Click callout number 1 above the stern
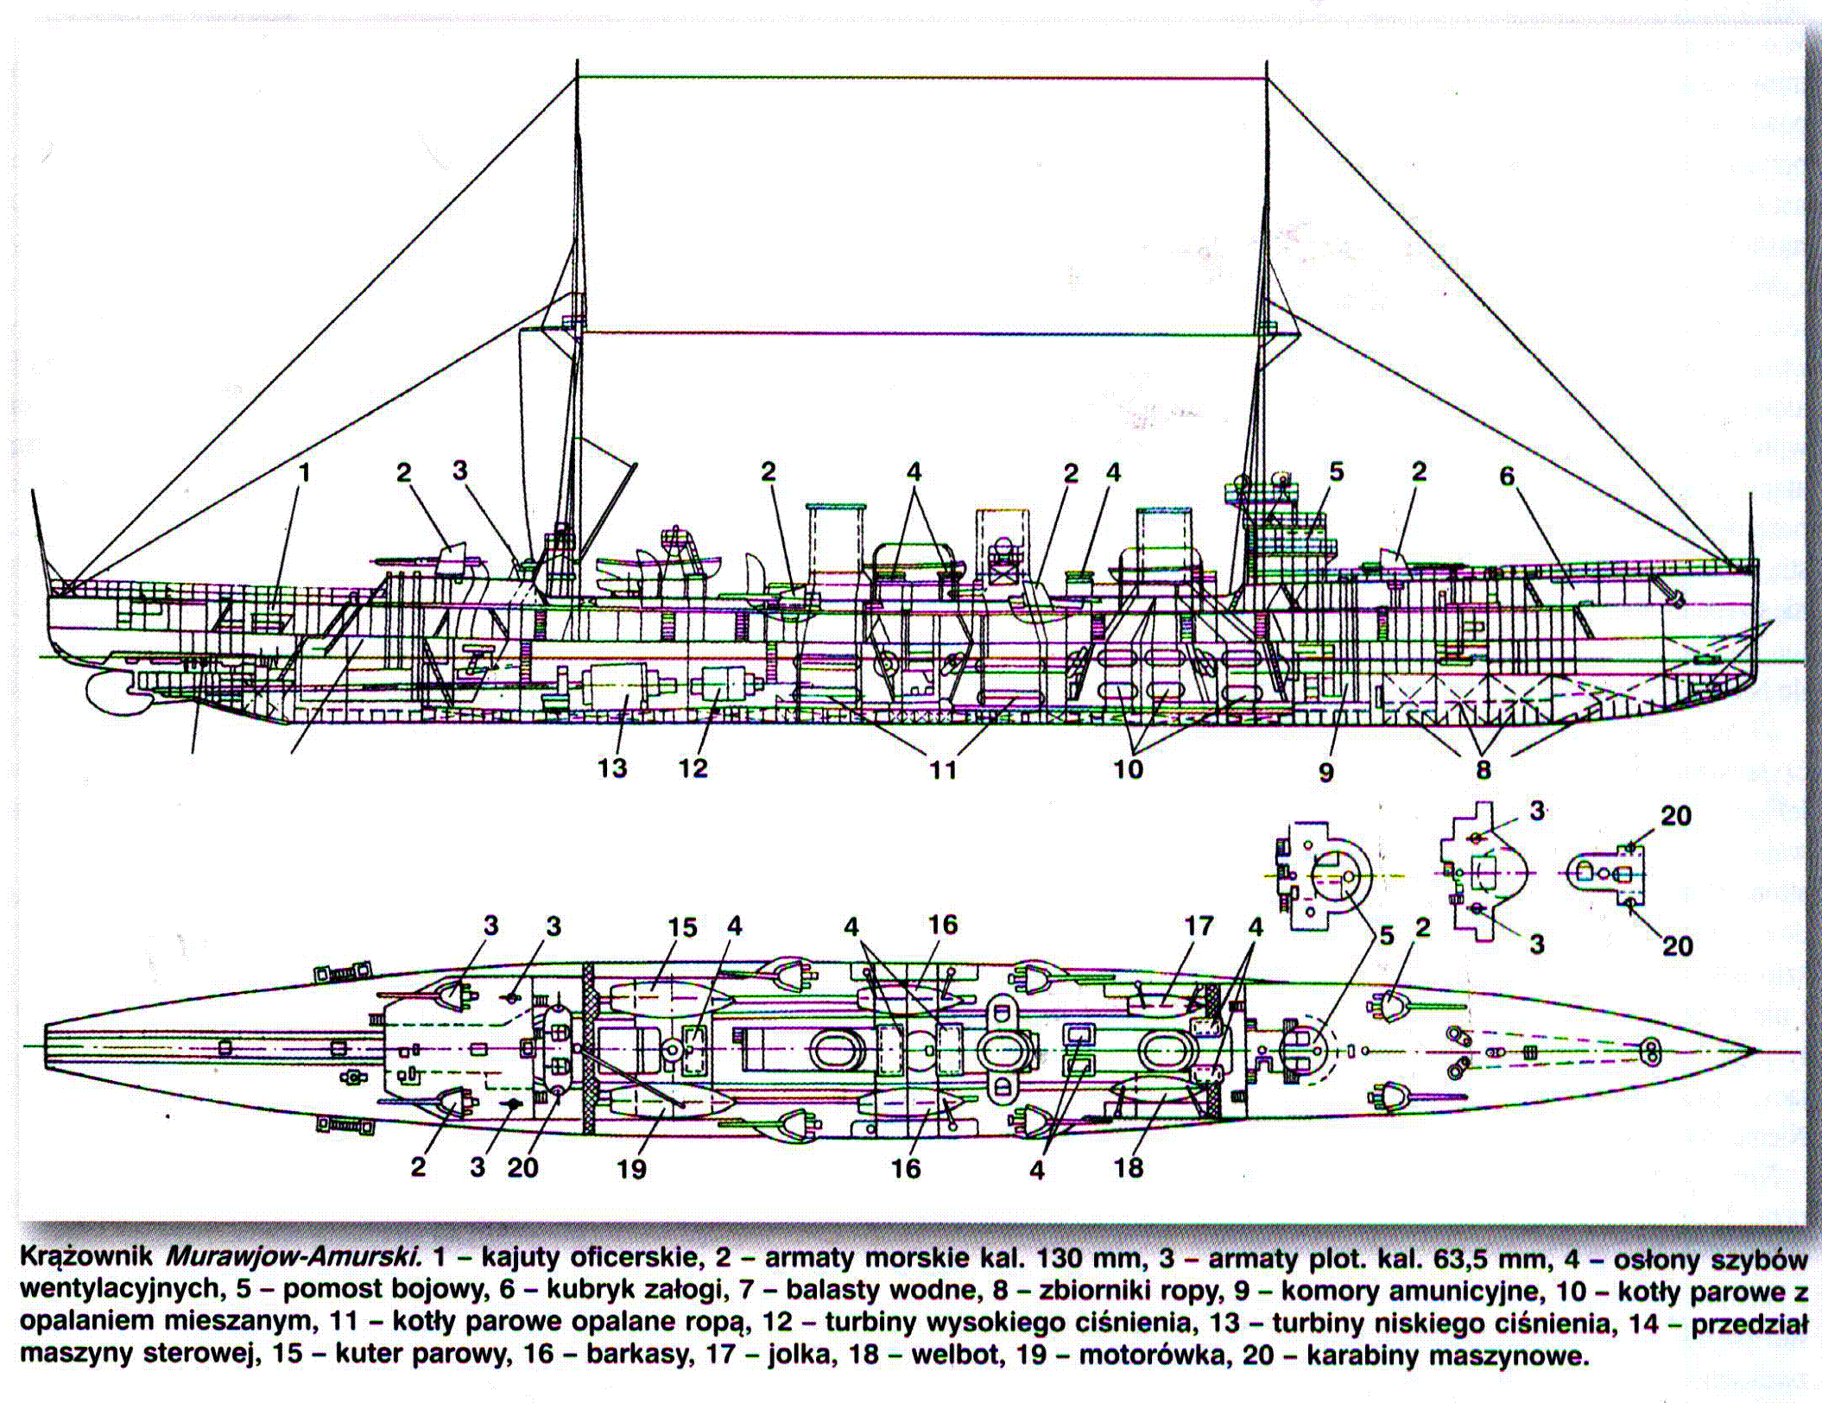coord(304,473)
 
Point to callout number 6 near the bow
coord(1507,477)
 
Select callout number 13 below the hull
coord(612,768)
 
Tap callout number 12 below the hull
coord(693,768)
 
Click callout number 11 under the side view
coord(943,769)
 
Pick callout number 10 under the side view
coord(1128,768)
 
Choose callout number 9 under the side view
coord(1326,771)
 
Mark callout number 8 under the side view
coord(1484,769)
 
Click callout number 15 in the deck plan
coord(681,928)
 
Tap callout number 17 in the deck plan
coord(1199,927)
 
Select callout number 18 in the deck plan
coord(1129,1167)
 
